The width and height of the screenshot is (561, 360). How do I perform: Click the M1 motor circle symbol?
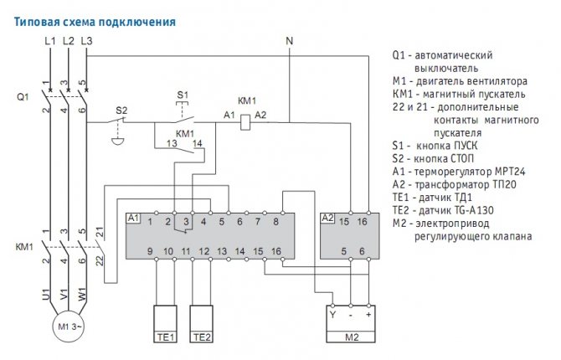click(68, 326)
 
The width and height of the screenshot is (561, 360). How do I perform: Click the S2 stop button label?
click(121, 110)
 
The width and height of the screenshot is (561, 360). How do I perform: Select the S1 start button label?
click(183, 93)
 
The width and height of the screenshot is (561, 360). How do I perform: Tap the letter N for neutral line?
click(290, 41)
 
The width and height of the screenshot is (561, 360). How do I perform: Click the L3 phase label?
click(87, 41)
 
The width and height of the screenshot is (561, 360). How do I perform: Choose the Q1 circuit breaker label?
click(23, 97)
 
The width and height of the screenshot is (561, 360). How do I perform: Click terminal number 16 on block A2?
click(362, 222)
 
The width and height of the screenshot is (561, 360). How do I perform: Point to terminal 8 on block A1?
click(275, 222)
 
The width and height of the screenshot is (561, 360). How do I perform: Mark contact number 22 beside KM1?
click(100, 260)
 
